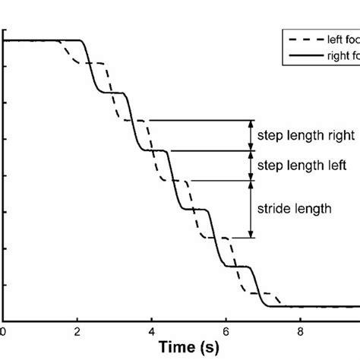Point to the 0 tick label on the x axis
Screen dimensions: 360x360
tap(3, 330)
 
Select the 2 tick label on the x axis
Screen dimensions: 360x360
tap(77, 330)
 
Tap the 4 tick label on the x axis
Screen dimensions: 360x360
tap(151, 330)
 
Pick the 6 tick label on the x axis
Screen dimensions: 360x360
tap(226, 330)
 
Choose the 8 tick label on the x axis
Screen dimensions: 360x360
tap(300, 330)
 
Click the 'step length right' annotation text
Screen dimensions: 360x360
tap(306, 136)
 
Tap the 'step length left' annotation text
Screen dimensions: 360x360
tap(303, 165)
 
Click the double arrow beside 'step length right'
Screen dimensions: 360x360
tap(251, 135)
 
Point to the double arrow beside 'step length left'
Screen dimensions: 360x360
tap(251, 165)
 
